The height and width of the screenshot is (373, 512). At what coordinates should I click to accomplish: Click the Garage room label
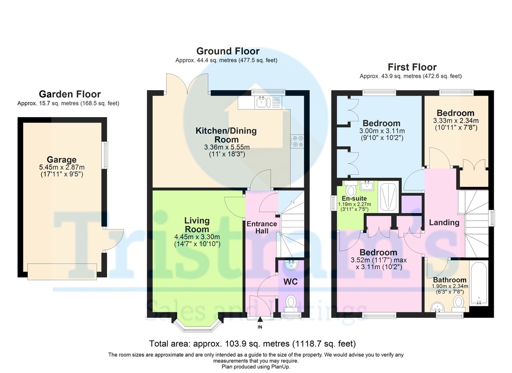pyautogui.click(x=61, y=159)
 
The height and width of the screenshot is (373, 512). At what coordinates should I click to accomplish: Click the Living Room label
pyautogui.click(x=197, y=225)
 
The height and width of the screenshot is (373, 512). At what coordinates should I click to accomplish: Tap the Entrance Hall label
pyautogui.click(x=262, y=227)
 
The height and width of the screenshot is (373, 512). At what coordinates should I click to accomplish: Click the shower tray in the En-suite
pyautogui.click(x=388, y=197)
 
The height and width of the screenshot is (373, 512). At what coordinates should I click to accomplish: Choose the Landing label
pyautogui.click(x=444, y=223)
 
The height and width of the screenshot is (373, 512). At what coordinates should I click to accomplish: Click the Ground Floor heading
pyautogui.click(x=228, y=51)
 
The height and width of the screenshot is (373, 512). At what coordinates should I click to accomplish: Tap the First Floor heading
pyautogui.click(x=412, y=67)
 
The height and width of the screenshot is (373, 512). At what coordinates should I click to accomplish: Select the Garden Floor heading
pyautogui.click(x=70, y=94)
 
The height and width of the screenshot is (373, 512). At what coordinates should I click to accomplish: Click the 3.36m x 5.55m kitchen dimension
pyautogui.click(x=227, y=147)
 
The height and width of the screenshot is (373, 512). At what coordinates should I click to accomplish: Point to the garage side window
pyautogui.click(x=105, y=155)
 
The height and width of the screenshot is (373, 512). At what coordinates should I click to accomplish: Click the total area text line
pyautogui.click(x=252, y=344)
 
